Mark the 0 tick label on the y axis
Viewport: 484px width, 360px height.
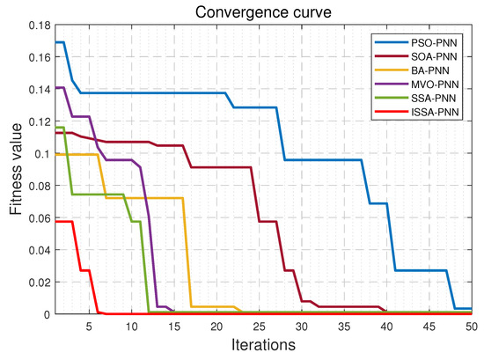(46, 314)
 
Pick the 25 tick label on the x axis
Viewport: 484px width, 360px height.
(259, 326)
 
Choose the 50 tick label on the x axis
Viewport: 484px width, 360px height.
(472, 326)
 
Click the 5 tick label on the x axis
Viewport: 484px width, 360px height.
(88, 326)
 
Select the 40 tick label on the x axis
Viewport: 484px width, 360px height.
(386, 326)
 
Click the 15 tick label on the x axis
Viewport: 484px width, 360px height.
(173, 326)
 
